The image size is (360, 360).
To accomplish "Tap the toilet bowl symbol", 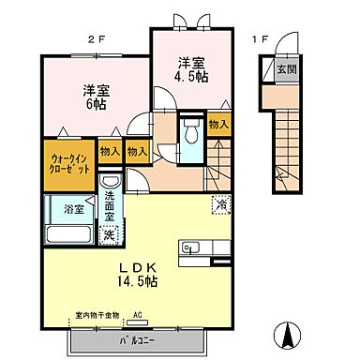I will (190, 129).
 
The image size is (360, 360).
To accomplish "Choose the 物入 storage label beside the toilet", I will (217, 126).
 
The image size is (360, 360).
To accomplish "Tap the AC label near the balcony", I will (137, 316).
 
